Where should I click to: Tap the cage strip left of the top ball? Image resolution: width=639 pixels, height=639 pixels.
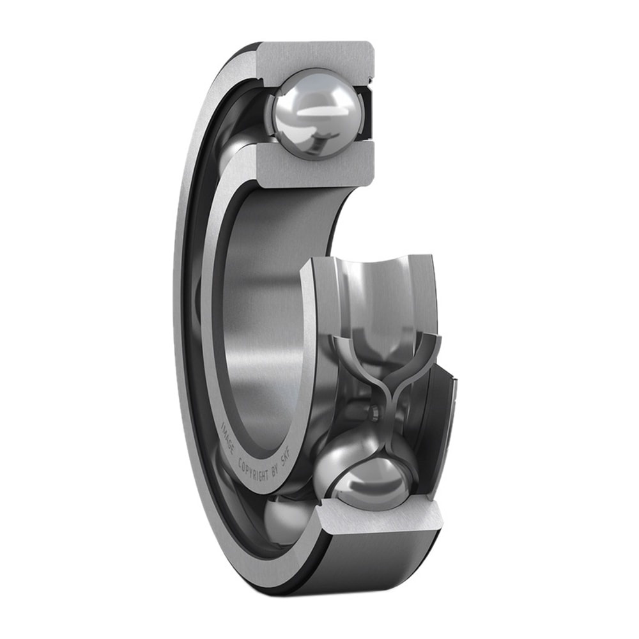(x=273, y=115)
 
